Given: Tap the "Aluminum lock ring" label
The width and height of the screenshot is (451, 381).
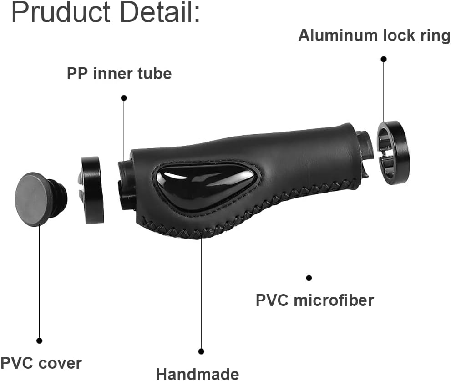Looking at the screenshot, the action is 374,36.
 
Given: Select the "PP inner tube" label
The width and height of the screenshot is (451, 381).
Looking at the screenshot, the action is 119,74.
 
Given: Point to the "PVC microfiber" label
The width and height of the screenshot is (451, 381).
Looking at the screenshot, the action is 314,300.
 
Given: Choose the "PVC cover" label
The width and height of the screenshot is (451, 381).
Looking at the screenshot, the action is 41,363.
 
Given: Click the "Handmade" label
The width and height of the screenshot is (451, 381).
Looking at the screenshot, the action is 198,374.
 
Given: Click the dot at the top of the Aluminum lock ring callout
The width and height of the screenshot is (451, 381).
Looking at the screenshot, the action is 384,59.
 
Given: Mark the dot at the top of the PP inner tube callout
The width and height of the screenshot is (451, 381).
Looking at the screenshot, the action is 124,98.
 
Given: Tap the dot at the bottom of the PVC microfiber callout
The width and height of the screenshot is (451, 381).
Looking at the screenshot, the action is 309,278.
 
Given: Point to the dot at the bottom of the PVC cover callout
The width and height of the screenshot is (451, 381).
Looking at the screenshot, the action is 39,340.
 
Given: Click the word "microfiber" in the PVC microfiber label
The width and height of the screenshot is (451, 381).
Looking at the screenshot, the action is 334,300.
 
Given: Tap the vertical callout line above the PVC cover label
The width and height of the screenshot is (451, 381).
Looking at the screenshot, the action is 39,282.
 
